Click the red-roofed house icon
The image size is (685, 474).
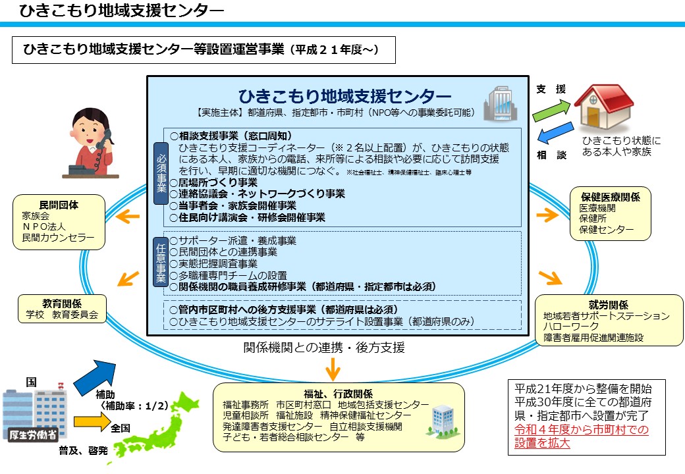pyautogui.click(x=604, y=107)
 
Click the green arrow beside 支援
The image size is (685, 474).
pyautogui.click(x=551, y=111)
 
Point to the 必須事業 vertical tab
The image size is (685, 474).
pyautogui.click(x=161, y=173)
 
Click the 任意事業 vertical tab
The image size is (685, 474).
pyautogui.click(x=161, y=262)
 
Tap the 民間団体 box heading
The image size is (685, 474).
pyautogui.click(x=59, y=205)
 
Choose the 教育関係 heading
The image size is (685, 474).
pyautogui.click(x=62, y=303)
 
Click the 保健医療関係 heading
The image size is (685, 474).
pyautogui.click(x=611, y=197)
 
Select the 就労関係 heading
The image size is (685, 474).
pyautogui.click(x=609, y=305)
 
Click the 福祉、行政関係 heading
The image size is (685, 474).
pyautogui.click(x=339, y=394)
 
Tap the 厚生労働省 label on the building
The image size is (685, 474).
pyautogui.click(x=33, y=434)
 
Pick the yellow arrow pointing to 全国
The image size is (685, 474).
pyautogui.click(x=92, y=421)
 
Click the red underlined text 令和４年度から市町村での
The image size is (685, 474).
pyautogui.click(x=582, y=429)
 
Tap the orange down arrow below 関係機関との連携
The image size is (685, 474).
pyautogui.click(x=333, y=369)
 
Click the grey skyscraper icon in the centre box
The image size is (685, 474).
pyautogui.click(x=500, y=103)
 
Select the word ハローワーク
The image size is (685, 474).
pyautogui.click(x=571, y=327)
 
